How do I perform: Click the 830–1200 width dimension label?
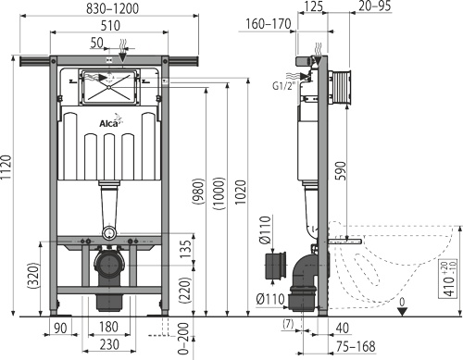(x=112, y=8)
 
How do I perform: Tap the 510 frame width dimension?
(x=110, y=26)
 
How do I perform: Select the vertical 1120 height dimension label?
(x=6, y=168)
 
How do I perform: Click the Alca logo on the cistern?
(x=108, y=123)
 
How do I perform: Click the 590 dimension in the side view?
(x=341, y=170)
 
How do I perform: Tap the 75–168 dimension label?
(x=356, y=347)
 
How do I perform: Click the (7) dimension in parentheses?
(x=288, y=324)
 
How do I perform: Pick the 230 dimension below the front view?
(x=109, y=344)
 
